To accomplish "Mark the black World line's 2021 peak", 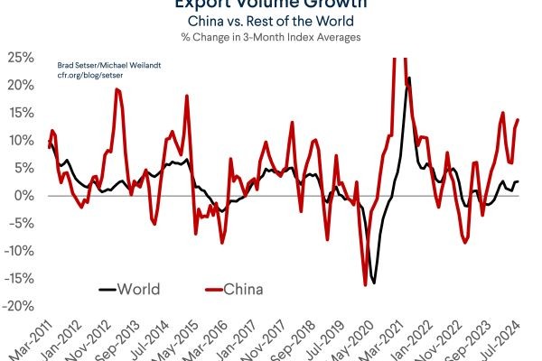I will [x=409, y=79].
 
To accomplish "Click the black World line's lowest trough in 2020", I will [x=373, y=282].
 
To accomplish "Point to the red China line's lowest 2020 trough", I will [x=365, y=284].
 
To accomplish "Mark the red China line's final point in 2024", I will [x=518, y=120].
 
